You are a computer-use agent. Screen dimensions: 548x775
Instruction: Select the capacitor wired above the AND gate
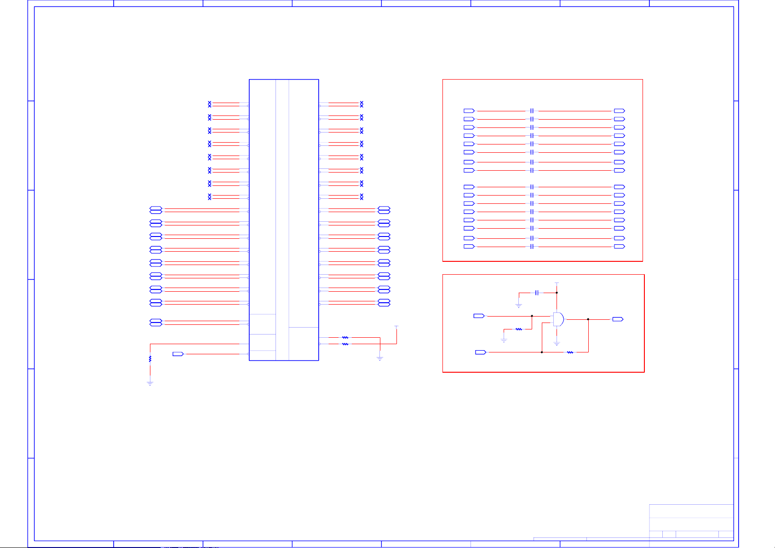click(x=537, y=293)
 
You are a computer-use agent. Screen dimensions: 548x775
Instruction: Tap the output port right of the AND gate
click(x=618, y=319)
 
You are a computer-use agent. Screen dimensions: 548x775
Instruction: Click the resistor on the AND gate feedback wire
click(x=570, y=352)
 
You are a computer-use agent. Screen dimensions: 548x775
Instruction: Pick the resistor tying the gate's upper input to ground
click(x=518, y=329)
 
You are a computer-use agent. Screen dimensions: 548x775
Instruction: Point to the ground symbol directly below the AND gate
click(x=557, y=343)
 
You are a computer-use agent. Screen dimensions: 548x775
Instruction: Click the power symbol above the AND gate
click(x=557, y=283)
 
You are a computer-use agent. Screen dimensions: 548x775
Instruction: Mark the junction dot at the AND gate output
click(x=588, y=319)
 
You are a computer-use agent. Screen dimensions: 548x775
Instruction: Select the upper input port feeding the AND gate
click(x=479, y=316)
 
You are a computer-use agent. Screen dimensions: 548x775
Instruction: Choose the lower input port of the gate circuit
click(x=480, y=352)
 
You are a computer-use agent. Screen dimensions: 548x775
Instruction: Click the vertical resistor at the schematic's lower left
click(x=150, y=358)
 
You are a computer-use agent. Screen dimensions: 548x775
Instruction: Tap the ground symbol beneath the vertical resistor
click(x=150, y=383)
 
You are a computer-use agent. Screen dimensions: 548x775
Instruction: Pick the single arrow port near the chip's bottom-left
click(x=178, y=354)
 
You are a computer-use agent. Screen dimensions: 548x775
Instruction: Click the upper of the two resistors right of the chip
click(x=345, y=338)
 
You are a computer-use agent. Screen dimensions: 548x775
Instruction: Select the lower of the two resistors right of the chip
click(x=345, y=344)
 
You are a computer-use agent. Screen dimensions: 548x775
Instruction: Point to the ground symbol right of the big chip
click(x=380, y=358)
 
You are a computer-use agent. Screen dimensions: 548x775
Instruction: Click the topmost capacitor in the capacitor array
click(x=532, y=111)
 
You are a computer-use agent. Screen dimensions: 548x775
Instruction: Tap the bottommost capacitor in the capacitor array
click(x=532, y=247)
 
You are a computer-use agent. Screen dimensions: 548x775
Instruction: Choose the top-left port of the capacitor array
click(x=469, y=111)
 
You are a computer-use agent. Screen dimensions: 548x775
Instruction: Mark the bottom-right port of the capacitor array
click(x=619, y=247)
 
